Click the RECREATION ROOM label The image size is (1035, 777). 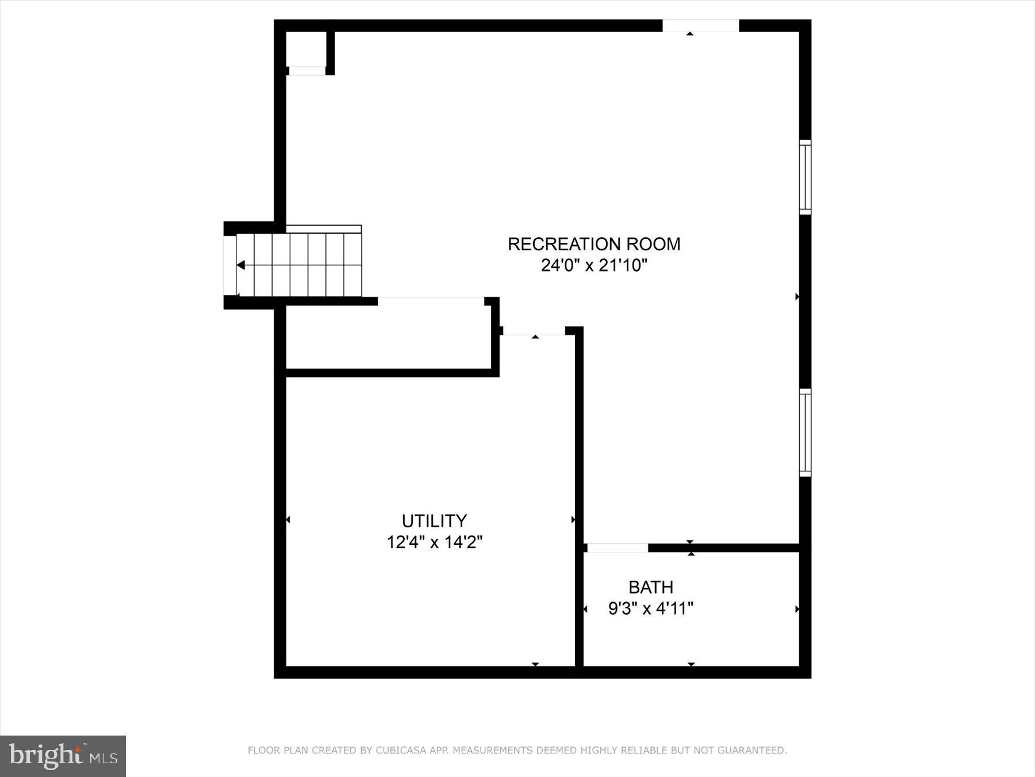pyautogui.click(x=594, y=244)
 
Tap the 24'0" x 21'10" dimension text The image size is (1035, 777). pyautogui.click(x=594, y=266)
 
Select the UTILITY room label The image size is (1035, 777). pyautogui.click(x=434, y=521)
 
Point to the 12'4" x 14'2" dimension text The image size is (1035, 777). pyautogui.click(x=434, y=542)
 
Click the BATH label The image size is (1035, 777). pyautogui.click(x=651, y=587)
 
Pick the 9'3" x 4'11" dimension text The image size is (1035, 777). pyautogui.click(x=651, y=608)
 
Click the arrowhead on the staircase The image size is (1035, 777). pyautogui.click(x=241, y=265)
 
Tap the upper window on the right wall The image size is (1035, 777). pyautogui.click(x=805, y=177)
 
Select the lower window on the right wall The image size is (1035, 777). pyautogui.click(x=805, y=433)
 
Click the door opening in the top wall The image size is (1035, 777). pyautogui.click(x=700, y=26)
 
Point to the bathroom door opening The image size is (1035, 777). pyautogui.click(x=617, y=548)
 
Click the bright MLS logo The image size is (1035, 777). pyautogui.click(x=63, y=756)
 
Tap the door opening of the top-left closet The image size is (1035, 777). pyautogui.click(x=306, y=71)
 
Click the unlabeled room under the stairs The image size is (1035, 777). pyautogui.click(x=388, y=337)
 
